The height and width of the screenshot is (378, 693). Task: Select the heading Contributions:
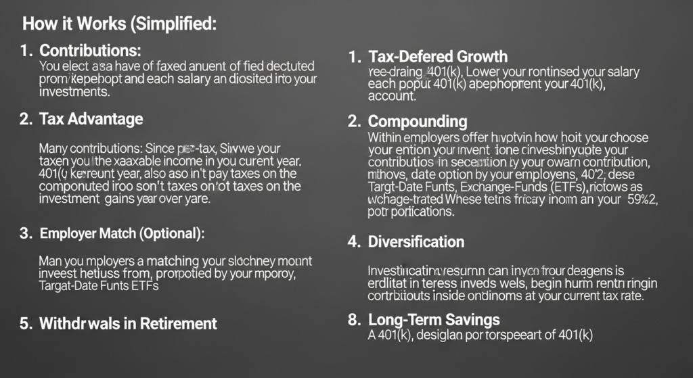pyautogui.click(x=90, y=51)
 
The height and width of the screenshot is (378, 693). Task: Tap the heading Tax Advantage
pyautogui.click(x=91, y=119)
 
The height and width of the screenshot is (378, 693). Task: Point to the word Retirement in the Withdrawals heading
pyautogui.click(x=178, y=323)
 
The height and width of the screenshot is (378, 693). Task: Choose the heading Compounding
pyautogui.click(x=418, y=122)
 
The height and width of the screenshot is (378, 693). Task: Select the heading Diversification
pyautogui.click(x=416, y=241)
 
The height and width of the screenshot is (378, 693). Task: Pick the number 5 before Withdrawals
pyautogui.click(x=24, y=323)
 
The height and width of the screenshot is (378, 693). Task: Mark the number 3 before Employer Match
pyautogui.click(x=25, y=233)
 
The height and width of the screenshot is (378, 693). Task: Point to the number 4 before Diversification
pyautogui.click(x=353, y=241)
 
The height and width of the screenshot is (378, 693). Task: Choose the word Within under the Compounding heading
pyautogui.click(x=386, y=138)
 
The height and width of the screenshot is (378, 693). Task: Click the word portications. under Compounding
pyautogui.click(x=411, y=212)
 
